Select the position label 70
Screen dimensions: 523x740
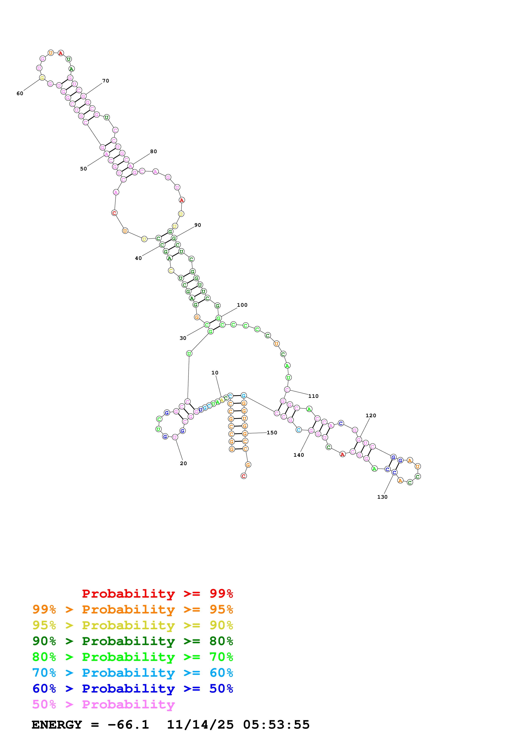pos(106,81)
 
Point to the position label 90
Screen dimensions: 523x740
pos(197,225)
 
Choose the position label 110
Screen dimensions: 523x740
pos(313,396)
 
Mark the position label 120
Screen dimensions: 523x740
pos(371,415)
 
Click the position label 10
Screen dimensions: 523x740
pos(215,373)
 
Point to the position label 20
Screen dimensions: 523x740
pos(183,463)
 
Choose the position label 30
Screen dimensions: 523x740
pos(183,338)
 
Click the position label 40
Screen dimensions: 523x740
pos(138,258)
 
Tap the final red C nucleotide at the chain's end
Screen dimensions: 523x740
pos(244,476)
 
